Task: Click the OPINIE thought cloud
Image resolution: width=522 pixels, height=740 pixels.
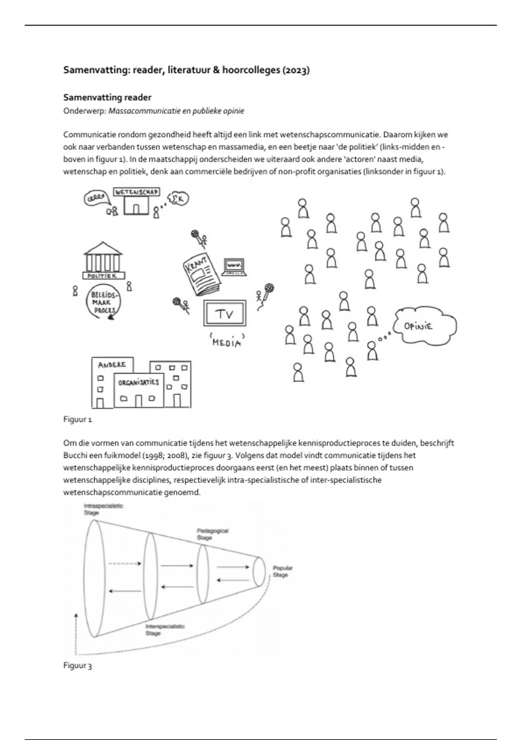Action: click(424, 326)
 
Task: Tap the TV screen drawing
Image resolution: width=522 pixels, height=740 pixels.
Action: click(225, 313)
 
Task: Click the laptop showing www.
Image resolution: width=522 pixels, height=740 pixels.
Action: click(235, 266)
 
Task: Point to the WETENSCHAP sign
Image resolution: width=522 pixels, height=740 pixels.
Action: click(136, 192)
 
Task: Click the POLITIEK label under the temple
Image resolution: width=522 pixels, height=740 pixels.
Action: click(103, 276)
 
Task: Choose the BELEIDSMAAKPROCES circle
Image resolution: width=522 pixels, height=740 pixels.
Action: click(104, 302)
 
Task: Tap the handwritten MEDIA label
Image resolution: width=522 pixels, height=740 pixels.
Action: click(226, 342)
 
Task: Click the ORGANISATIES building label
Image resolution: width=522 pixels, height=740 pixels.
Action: click(139, 383)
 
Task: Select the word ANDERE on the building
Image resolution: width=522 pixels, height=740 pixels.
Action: click(112, 365)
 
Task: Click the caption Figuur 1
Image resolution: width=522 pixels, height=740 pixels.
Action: click(77, 420)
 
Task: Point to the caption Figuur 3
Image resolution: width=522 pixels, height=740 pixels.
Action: click(77, 666)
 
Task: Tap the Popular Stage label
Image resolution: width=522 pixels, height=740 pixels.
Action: click(282, 571)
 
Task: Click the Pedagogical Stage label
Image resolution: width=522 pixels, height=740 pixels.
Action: click(212, 534)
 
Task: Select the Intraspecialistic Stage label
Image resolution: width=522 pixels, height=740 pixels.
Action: click(103, 509)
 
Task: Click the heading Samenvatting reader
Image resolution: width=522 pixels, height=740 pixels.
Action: click(107, 97)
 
